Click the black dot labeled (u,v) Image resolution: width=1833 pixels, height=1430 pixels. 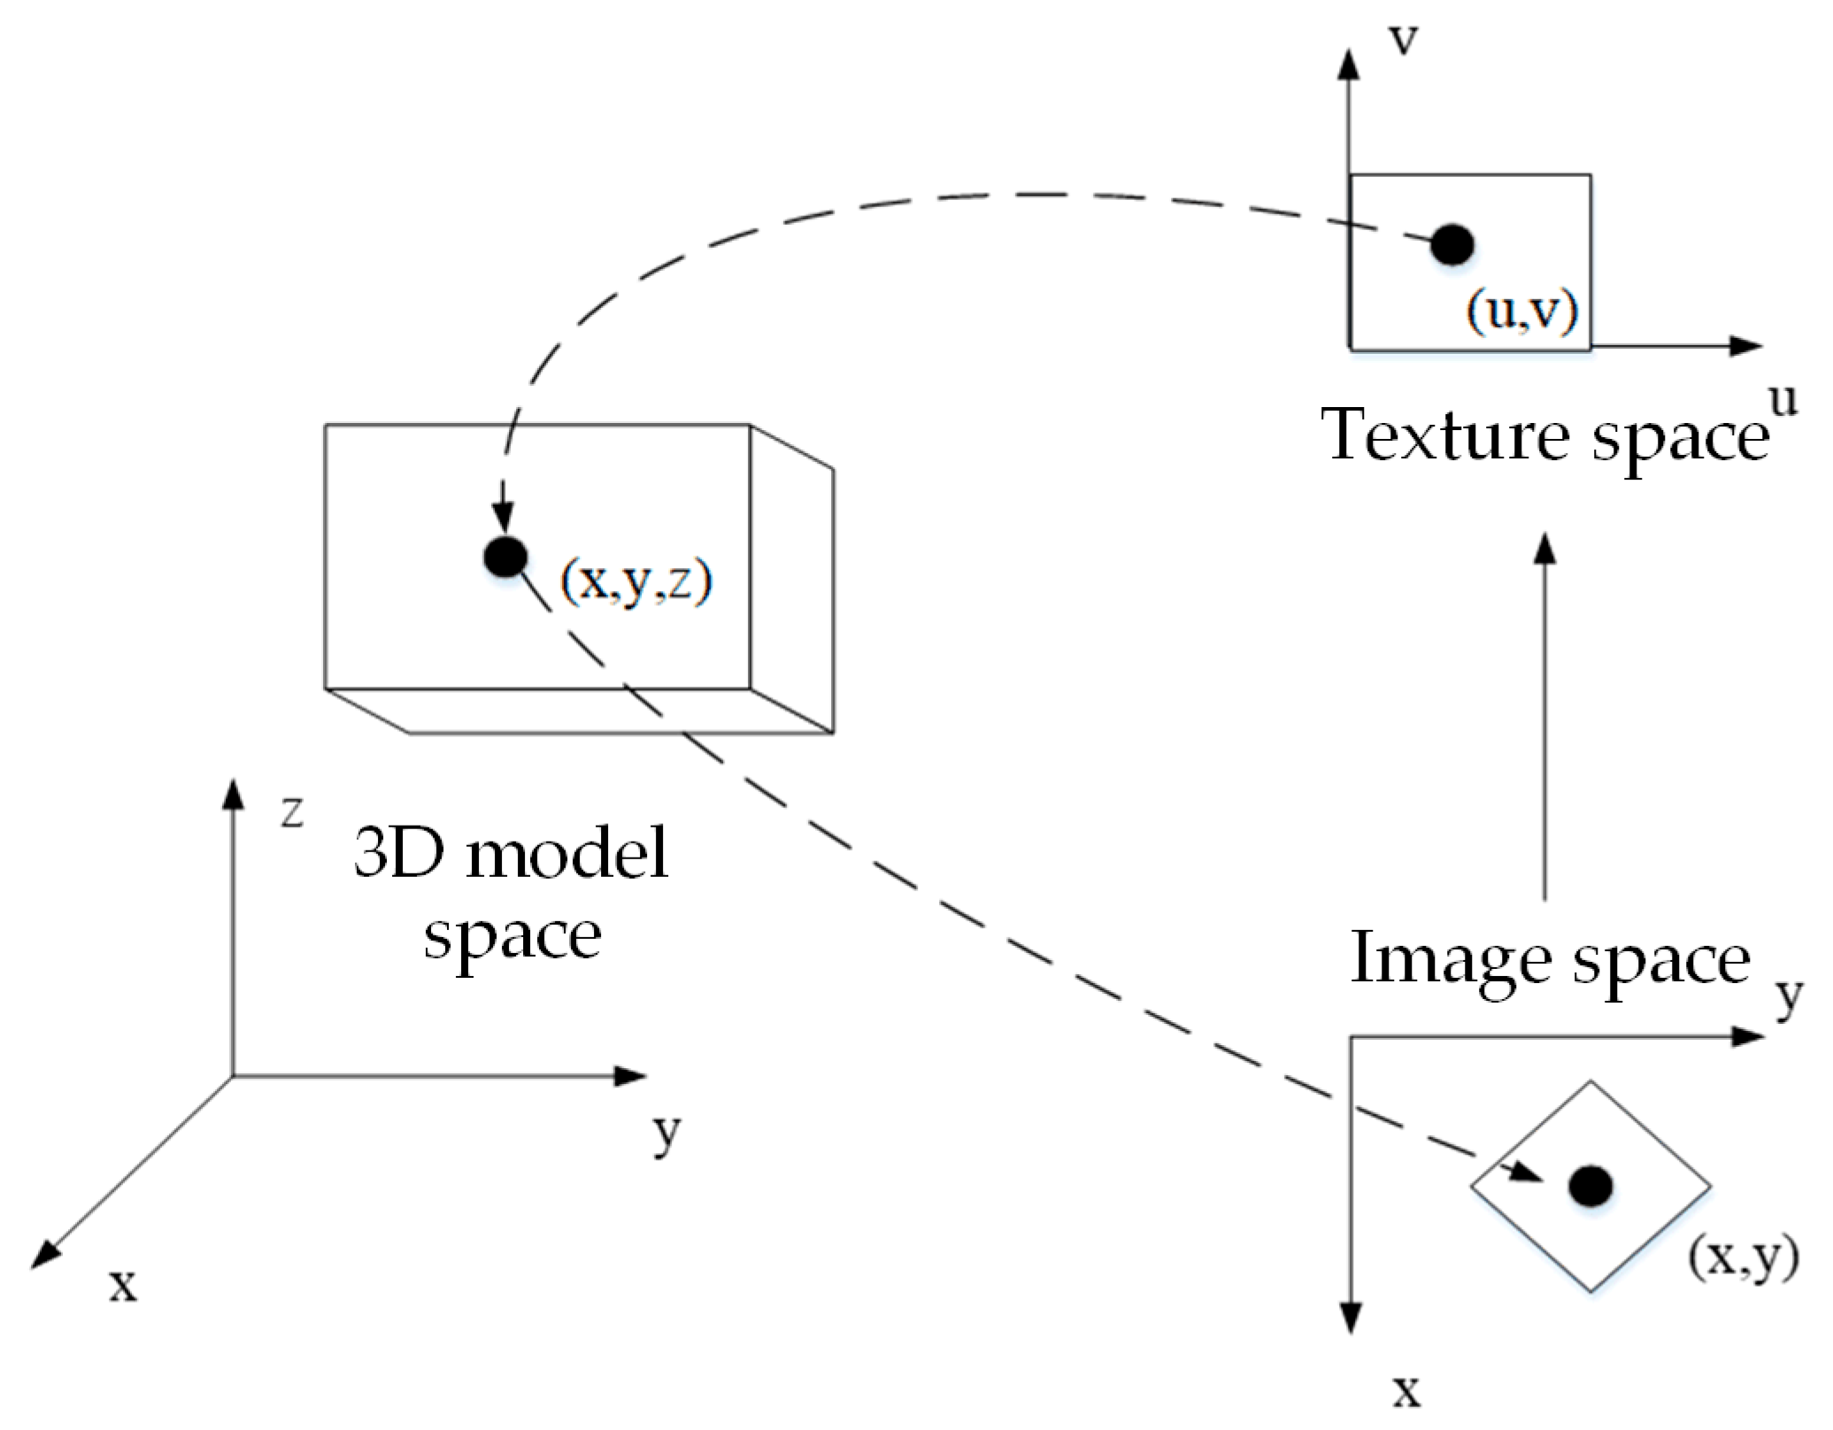(x=1452, y=244)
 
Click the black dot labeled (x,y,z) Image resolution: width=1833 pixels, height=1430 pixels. (x=505, y=557)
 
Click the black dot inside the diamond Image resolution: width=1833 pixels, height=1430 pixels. (x=1590, y=1186)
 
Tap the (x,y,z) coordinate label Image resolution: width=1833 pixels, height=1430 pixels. (x=636, y=581)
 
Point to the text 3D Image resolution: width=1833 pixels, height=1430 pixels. (x=398, y=853)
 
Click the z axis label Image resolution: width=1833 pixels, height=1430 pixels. (x=292, y=811)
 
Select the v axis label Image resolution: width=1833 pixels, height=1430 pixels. (x=1403, y=40)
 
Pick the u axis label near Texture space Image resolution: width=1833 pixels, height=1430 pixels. (x=1783, y=400)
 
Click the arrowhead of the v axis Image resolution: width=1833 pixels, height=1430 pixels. (x=1348, y=64)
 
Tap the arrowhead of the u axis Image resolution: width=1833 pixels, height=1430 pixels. (x=1748, y=346)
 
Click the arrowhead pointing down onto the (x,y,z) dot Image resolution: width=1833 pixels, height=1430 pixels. (x=504, y=516)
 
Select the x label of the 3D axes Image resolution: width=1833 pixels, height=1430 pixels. (x=123, y=1284)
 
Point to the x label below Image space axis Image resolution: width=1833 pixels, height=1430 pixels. (x=1406, y=1391)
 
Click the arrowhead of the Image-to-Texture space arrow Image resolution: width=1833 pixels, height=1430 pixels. (x=1544, y=549)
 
